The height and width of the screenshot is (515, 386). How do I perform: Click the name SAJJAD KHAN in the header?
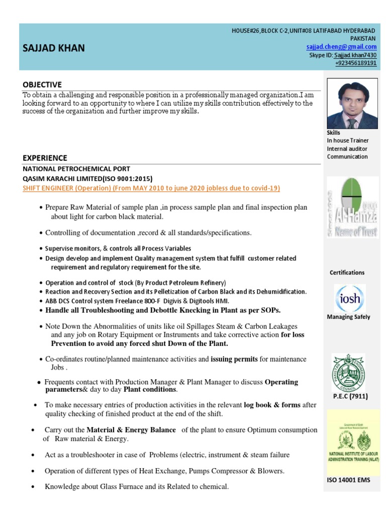[x=54, y=48]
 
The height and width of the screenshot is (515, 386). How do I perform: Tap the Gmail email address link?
[x=341, y=47]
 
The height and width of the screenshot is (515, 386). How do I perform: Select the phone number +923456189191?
[x=356, y=63]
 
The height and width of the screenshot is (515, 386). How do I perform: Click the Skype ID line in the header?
[x=343, y=55]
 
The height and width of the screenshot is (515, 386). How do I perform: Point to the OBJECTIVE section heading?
[x=42, y=84]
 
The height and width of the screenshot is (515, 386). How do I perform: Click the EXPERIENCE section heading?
[x=45, y=158]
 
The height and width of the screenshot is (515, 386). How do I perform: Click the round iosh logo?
[x=349, y=299]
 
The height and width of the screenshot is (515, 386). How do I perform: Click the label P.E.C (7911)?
[x=350, y=396]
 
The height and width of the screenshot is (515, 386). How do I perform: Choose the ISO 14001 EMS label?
[x=348, y=480]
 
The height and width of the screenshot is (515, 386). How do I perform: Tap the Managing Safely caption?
[x=348, y=317]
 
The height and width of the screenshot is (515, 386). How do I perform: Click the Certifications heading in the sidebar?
[x=347, y=273]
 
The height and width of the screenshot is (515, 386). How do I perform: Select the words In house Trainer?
[x=347, y=140]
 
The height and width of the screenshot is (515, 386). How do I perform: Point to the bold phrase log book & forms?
[x=272, y=404]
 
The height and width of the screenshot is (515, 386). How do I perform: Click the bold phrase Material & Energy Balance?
[x=131, y=430]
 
